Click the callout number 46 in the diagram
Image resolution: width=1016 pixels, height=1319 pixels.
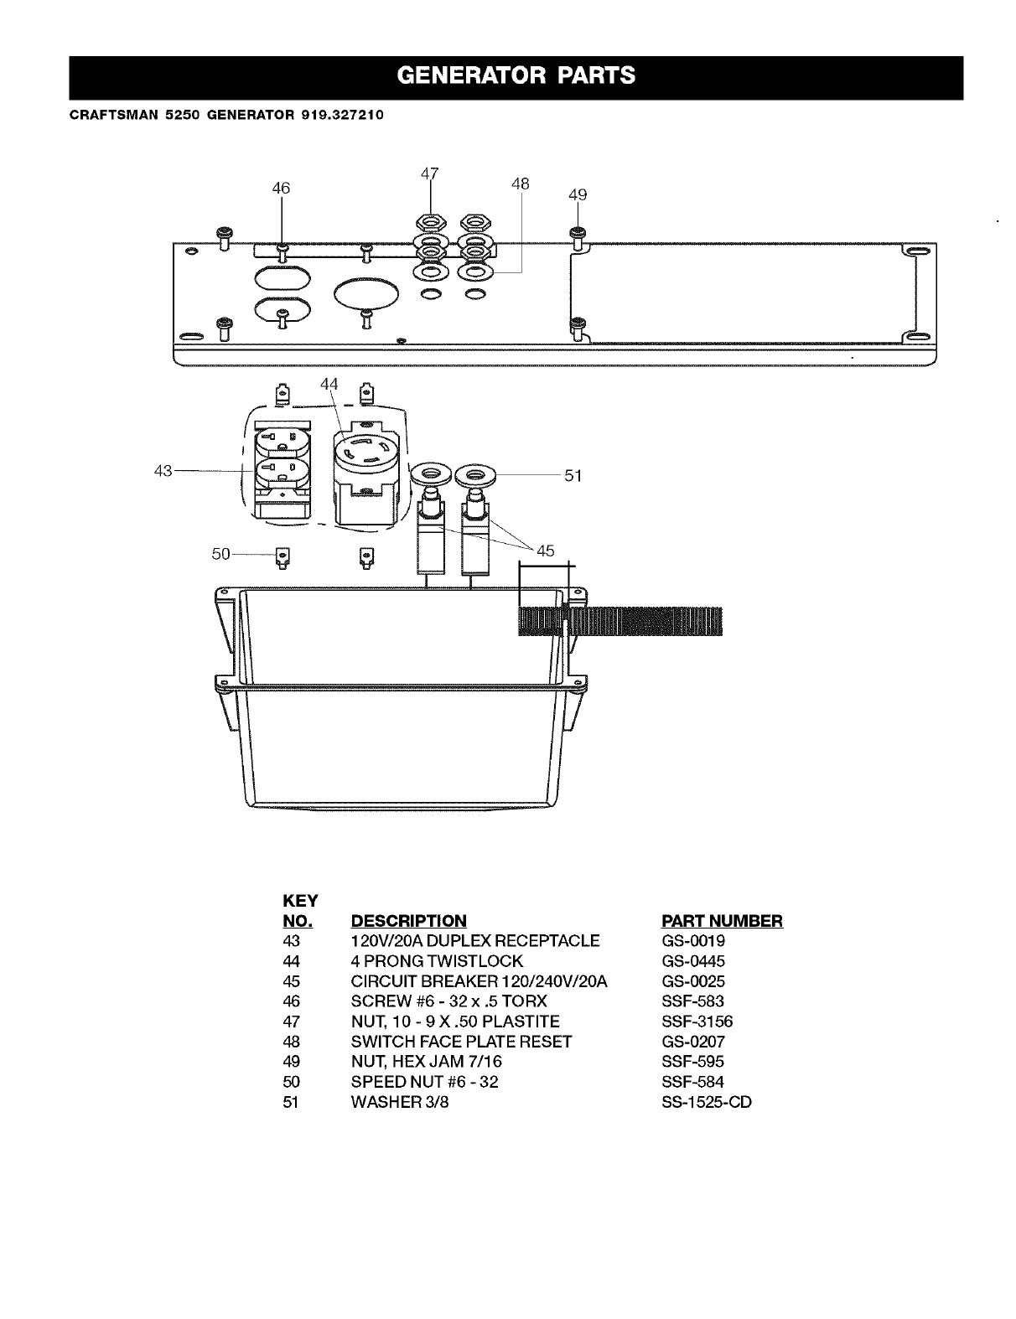tap(281, 189)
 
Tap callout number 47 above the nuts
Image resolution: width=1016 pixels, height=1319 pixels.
tap(429, 174)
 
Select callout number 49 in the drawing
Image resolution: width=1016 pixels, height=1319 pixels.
tap(578, 195)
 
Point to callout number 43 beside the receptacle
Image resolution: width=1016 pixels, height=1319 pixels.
tap(163, 471)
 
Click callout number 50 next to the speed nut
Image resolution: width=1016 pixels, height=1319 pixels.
tap(220, 554)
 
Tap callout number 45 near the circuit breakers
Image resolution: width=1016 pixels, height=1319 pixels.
tap(546, 551)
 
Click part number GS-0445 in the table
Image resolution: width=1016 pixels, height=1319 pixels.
tap(692, 961)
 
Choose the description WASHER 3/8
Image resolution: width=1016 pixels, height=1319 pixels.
tap(399, 1102)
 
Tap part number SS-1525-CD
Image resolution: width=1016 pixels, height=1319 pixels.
tap(706, 1102)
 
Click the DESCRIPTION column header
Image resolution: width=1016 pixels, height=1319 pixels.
tap(407, 921)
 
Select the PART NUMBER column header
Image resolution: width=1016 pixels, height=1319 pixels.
tap(722, 921)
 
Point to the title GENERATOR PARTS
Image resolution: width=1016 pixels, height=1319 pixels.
tap(516, 76)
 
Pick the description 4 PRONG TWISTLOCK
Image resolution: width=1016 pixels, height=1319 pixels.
tap(436, 961)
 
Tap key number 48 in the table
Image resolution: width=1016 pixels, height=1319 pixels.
tap(291, 1042)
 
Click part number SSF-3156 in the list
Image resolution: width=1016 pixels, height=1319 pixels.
tap(697, 1022)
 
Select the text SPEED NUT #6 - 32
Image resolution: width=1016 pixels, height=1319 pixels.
tap(424, 1082)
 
